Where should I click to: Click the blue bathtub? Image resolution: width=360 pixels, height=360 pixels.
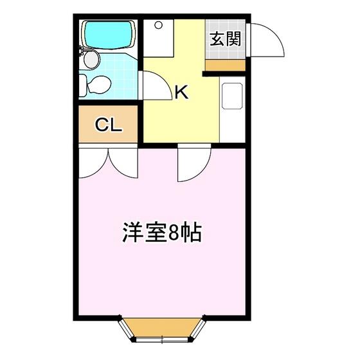click(x=109, y=35)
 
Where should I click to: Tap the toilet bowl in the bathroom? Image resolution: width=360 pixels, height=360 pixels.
click(x=99, y=85)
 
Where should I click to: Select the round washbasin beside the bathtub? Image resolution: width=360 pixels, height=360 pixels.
click(x=92, y=60)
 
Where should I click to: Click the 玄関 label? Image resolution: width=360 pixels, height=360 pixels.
click(x=226, y=39)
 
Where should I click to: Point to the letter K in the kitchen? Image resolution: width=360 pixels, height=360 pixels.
click(x=181, y=91)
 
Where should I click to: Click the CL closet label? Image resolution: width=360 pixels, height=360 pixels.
click(x=108, y=125)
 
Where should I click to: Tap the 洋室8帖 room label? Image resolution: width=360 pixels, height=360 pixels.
click(x=162, y=232)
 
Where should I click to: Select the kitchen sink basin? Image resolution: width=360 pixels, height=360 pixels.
click(x=232, y=96)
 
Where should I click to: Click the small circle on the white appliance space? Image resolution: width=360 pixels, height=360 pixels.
click(x=158, y=25)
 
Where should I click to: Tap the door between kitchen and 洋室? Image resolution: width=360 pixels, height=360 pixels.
click(x=194, y=162)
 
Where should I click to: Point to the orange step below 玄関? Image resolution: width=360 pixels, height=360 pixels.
click(x=225, y=66)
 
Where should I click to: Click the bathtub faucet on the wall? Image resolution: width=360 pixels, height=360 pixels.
click(x=81, y=50)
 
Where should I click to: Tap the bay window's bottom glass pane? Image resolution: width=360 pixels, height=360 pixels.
click(x=162, y=339)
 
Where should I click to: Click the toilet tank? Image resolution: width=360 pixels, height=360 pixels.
click(x=83, y=85)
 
